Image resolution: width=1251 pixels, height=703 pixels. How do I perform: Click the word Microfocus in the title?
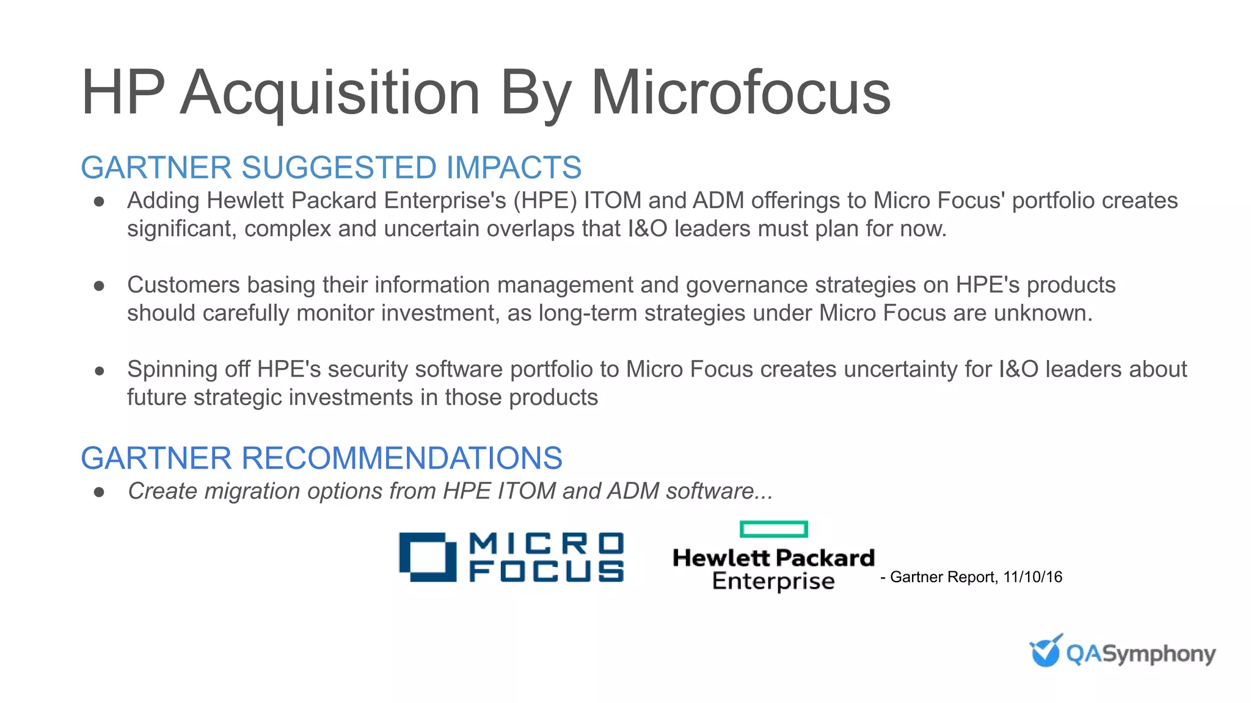pyautogui.click(x=740, y=93)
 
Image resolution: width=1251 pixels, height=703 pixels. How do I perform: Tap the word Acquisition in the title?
pyautogui.click(x=330, y=93)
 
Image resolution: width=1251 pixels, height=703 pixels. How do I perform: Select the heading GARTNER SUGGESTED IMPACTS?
pyautogui.click(x=331, y=168)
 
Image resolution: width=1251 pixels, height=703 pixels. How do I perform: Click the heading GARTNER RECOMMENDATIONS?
pyautogui.click(x=321, y=458)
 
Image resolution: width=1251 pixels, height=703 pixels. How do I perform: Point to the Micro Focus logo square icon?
pyautogui.click(x=428, y=557)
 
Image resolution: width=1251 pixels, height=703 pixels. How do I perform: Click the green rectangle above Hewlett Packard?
pyautogui.click(x=773, y=529)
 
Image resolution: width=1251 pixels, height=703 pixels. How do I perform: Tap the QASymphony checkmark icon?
pyautogui.click(x=1045, y=651)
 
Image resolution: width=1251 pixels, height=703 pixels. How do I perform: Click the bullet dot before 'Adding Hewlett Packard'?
pyautogui.click(x=100, y=201)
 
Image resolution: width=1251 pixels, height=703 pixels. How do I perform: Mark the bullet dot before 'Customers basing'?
pyautogui.click(x=100, y=286)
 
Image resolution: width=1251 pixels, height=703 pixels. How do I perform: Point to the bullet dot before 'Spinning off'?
pyautogui.click(x=100, y=370)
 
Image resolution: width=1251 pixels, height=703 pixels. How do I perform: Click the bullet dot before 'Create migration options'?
pyautogui.click(x=100, y=492)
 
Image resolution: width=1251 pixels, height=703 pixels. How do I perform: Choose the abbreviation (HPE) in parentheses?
pyautogui.click(x=545, y=201)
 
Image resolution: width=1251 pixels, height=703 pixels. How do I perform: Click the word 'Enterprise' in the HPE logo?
pyautogui.click(x=773, y=581)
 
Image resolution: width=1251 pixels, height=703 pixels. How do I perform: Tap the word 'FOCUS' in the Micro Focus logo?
pyautogui.click(x=547, y=571)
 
